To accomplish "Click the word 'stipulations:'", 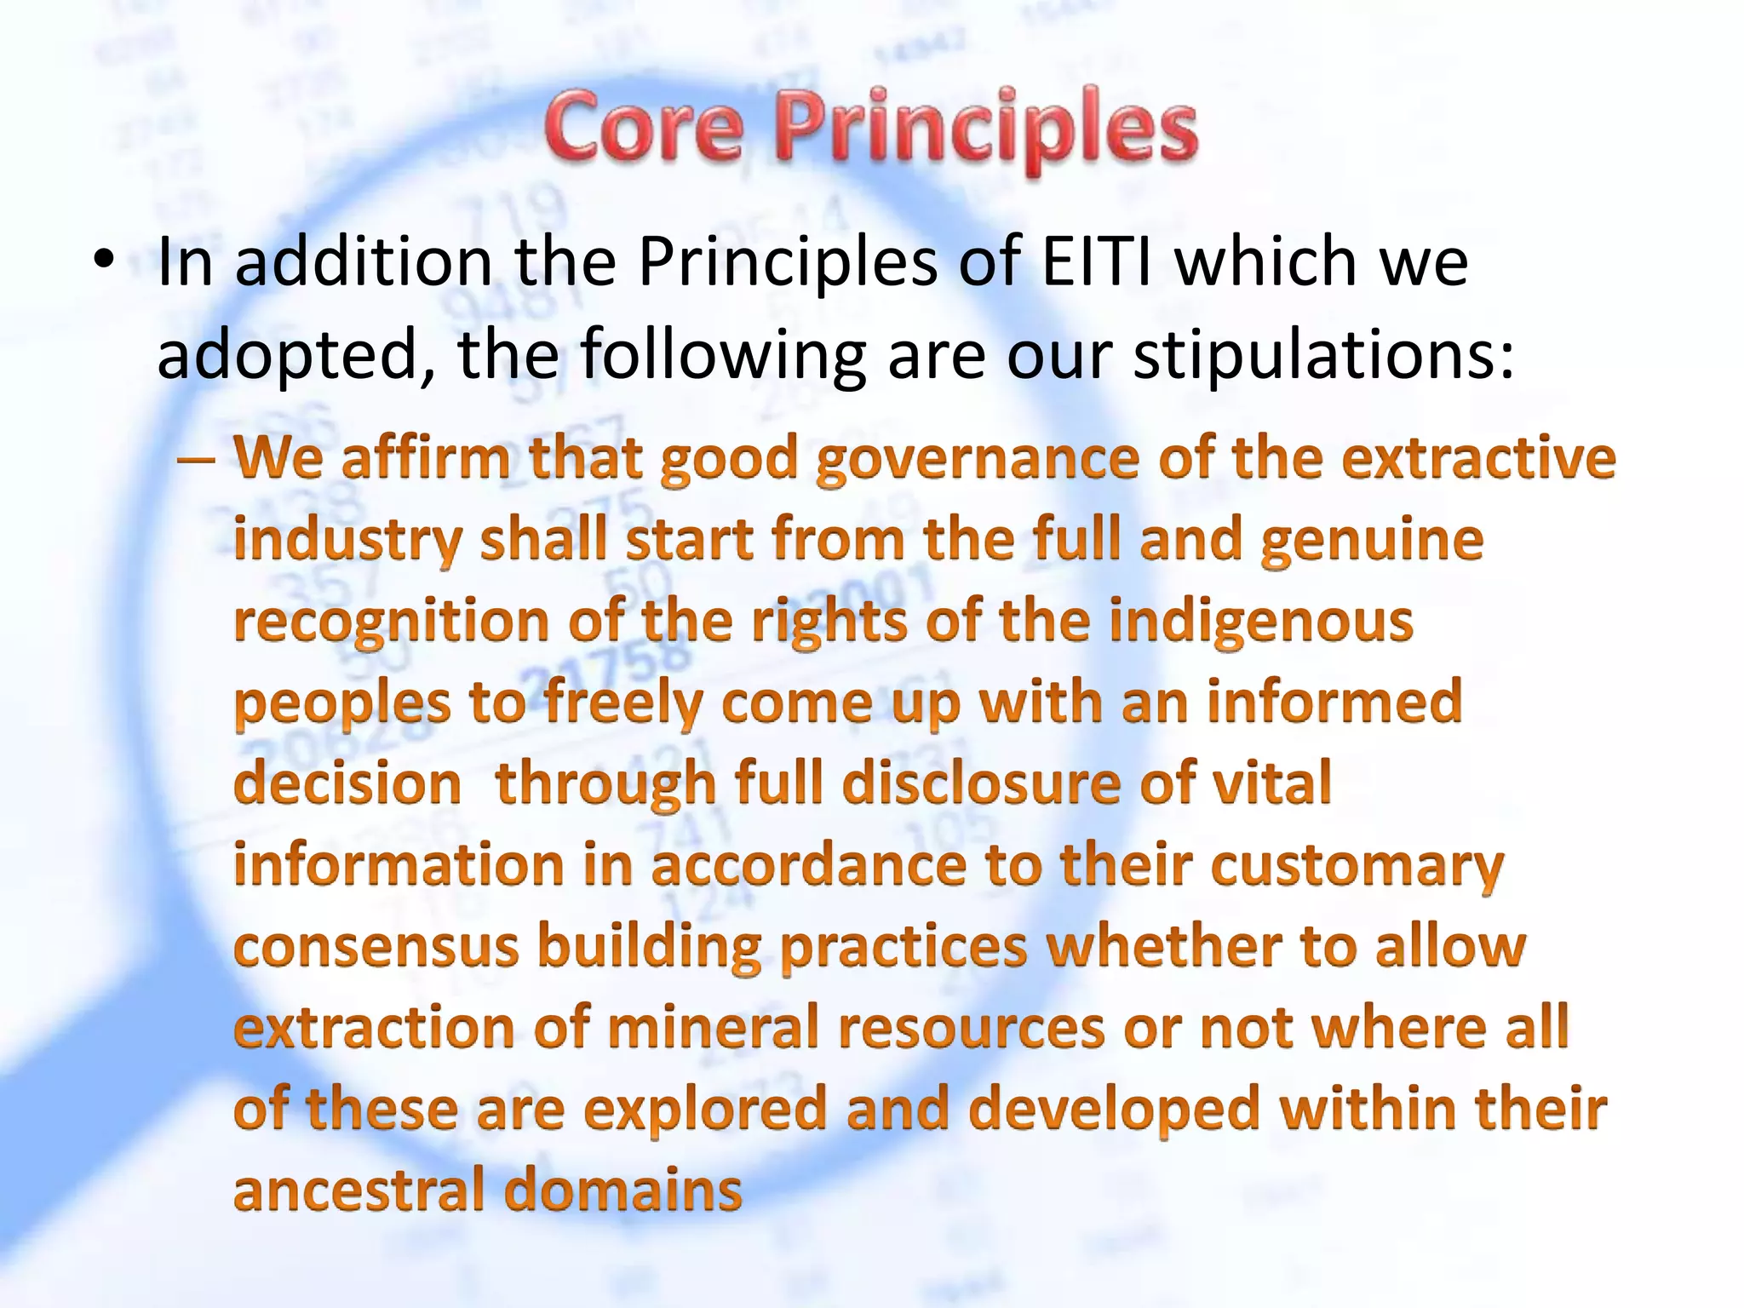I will [x=1324, y=355].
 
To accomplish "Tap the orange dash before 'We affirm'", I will [x=195, y=460].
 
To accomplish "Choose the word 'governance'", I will [x=977, y=461].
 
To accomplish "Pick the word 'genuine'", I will [x=1372, y=541].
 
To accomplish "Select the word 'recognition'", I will [x=391, y=622].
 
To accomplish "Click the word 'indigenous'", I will [x=1261, y=622].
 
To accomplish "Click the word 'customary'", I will [x=1357, y=867].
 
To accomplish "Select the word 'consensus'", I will [x=376, y=947].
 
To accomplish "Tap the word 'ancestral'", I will [x=359, y=1190].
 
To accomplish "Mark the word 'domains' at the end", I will [x=624, y=1190].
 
